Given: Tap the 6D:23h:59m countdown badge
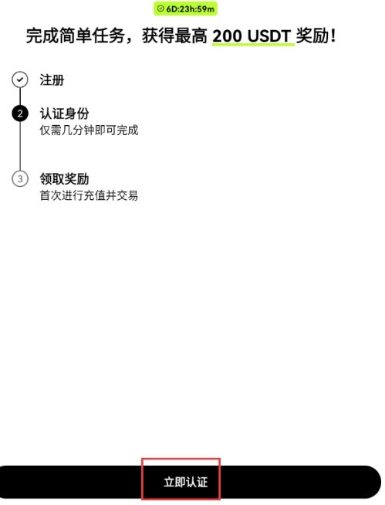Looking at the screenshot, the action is (185, 8).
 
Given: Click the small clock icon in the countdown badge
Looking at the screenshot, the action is (160, 8).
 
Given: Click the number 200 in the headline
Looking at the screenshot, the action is (227, 36).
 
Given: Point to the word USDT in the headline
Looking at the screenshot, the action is (270, 36).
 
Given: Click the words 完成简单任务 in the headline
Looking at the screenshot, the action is (76, 36).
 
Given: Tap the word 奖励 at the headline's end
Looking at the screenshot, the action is (312, 36).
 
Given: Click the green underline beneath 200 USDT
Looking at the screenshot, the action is (253, 45).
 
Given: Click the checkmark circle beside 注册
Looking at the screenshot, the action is (20, 80).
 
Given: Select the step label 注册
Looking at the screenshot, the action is (52, 80).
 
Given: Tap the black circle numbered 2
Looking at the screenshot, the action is (20, 114).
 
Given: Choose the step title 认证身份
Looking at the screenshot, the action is (64, 114).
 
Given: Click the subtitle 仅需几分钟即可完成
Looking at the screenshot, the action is (89, 130).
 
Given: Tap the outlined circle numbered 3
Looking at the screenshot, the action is (20, 178).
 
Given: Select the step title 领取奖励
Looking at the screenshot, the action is (64, 178).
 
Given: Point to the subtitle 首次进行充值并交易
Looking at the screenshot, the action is (89, 195).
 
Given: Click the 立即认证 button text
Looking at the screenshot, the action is (186, 482).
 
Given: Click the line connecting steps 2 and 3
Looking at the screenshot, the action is (20, 146).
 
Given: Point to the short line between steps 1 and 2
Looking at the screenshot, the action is (20, 97).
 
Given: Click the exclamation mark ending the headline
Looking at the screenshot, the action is (333, 36).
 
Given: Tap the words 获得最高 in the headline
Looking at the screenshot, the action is (174, 36).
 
